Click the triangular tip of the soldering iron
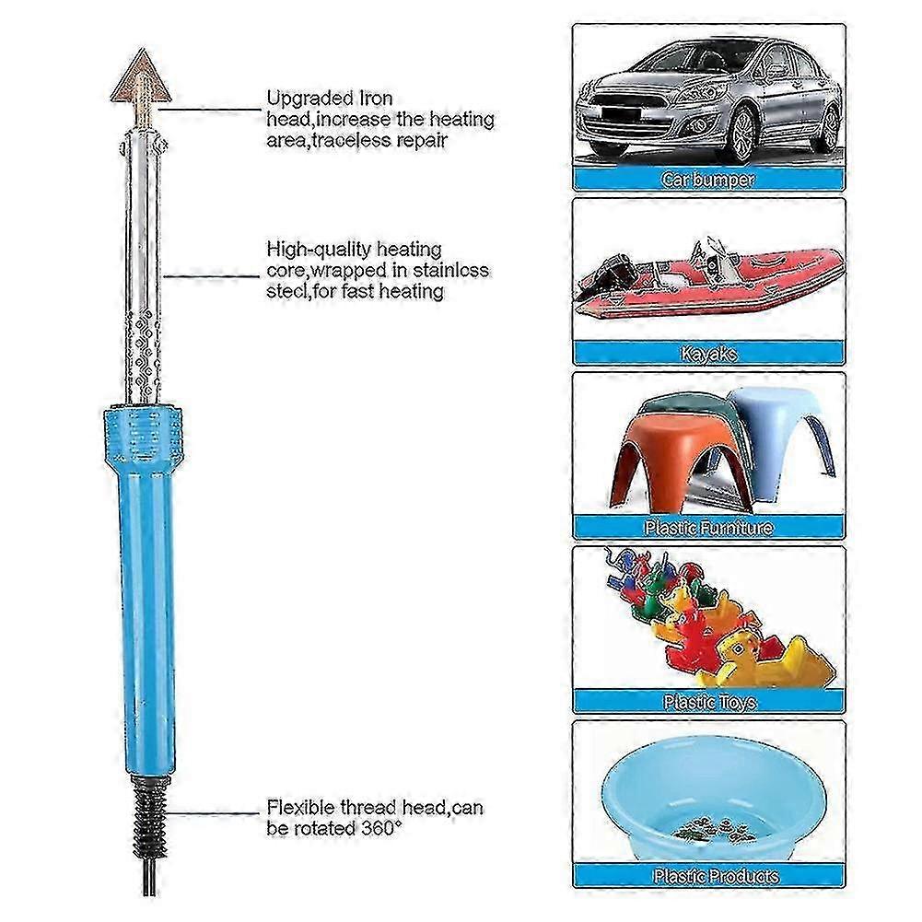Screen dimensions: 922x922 (141, 76)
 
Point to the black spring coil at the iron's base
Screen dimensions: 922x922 (150, 817)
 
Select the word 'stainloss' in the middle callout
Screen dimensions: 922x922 (450, 270)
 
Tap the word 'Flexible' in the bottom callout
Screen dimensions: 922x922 (300, 807)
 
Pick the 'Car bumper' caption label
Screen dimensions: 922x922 (708, 180)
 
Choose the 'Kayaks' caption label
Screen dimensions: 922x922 (708, 354)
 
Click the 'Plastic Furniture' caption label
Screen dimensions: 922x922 (708, 528)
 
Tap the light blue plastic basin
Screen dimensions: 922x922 (715, 799)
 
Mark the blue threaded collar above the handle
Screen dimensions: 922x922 (143, 434)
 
